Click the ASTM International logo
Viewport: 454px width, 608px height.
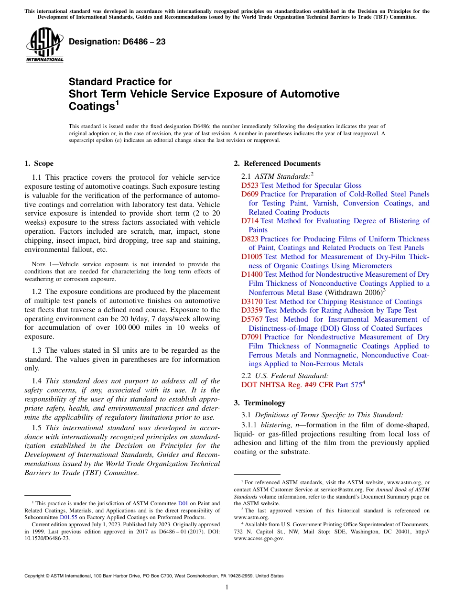coord(44,45)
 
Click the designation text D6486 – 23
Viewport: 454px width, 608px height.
coord(117,42)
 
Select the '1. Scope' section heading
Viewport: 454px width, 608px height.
coord(39,163)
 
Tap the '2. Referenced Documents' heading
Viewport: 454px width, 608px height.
coord(277,163)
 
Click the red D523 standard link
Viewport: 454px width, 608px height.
coord(249,185)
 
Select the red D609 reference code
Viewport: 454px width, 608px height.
coord(249,194)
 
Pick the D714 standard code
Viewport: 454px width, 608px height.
coord(249,221)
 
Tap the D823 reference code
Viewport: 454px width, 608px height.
coord(249,239)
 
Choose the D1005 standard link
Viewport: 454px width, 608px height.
coord(251,257)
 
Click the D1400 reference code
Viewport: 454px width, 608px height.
coord(251,274)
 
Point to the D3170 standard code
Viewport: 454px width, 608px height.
coord(251,302)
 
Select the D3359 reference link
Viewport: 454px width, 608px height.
coord(251,310)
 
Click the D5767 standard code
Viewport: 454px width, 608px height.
coord(251,319)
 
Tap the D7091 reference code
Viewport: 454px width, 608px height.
coord(251,337)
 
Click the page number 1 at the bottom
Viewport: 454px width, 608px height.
coord(227,587)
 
